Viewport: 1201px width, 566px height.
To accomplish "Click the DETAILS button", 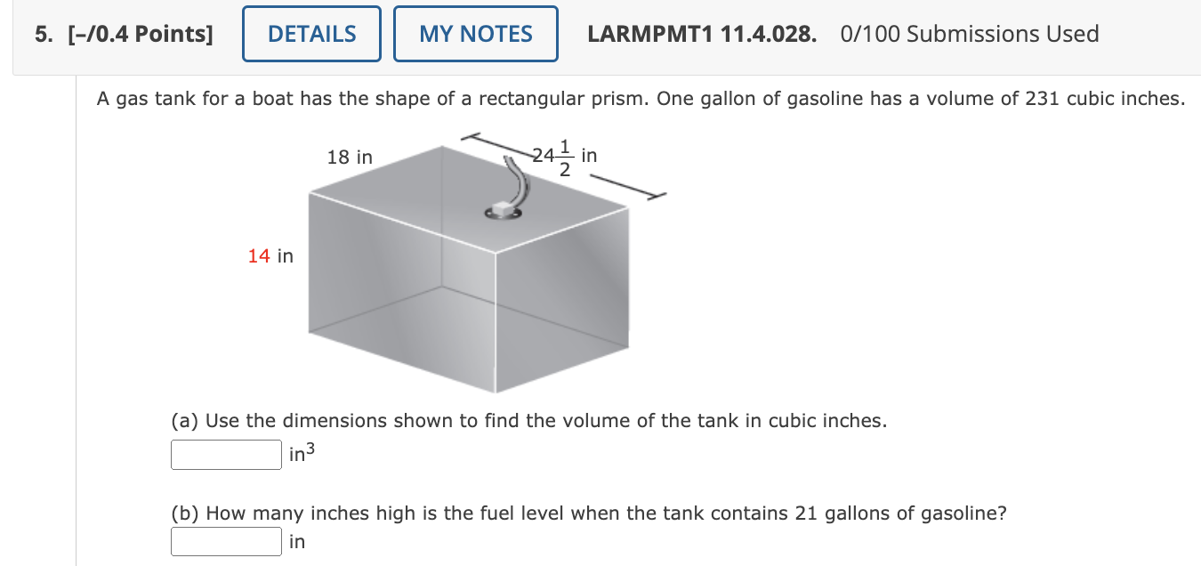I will tap(311, 34).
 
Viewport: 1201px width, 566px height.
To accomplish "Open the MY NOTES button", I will tap(475, 34).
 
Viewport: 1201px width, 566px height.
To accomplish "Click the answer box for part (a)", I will tap(226, 455).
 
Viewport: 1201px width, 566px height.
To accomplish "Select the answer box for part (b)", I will tap(226, 540).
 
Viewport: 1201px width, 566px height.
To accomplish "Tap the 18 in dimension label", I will tap(350, 158).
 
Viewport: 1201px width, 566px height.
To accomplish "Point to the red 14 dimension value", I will tap(259, 256).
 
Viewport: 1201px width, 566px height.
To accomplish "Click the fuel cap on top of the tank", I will tap(504, 210).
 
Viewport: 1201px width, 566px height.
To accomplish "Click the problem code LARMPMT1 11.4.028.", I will tap(702, 34).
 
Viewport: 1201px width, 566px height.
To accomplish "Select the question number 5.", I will tap(42, 34).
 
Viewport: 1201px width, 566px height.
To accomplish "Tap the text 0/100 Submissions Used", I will tap(969, 34).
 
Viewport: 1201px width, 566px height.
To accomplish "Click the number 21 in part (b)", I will tap(804, 513).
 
